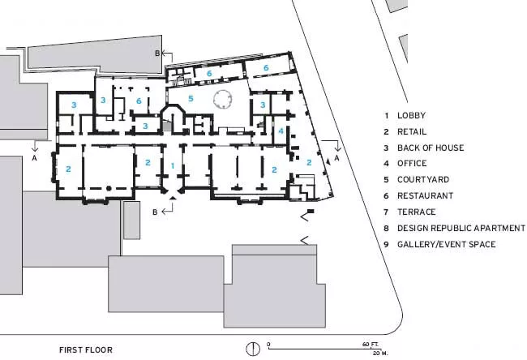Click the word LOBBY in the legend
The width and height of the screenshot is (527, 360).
(x=411, y=115)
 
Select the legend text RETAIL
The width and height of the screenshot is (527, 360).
(x=412, y=131)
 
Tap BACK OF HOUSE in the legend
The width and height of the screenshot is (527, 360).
(x=431, y=148)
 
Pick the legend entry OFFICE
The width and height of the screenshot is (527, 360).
(x=412, y=163)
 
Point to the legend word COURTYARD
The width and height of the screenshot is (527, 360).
(x=423, y=179)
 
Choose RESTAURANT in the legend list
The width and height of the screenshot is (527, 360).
(x=425, y=195)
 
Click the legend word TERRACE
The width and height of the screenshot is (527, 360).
(x=417, y=212)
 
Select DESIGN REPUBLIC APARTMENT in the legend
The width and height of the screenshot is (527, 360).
(x=461, y=228)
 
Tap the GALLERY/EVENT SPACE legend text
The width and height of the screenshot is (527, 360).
(x=447, y=244)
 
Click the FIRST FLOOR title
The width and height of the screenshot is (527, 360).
(x=86, y=350)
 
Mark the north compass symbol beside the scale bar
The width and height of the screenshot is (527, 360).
(x=253, y=349)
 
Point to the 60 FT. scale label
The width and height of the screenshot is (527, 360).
(x=371, y=345)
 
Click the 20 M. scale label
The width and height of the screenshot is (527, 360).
(x=380, y=354)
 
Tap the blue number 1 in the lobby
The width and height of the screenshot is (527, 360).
(x=173, y=165)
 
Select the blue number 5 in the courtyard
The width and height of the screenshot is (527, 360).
(x=191, y=98)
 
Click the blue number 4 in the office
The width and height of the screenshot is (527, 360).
(x=281, y=131)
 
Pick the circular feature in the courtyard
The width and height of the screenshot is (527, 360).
(x=222, y=99)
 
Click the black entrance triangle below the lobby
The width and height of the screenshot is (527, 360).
(x=173, y=199)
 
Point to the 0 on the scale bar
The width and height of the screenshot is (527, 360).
(x=268, y=345)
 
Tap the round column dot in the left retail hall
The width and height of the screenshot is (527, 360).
(x=109, y=189)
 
